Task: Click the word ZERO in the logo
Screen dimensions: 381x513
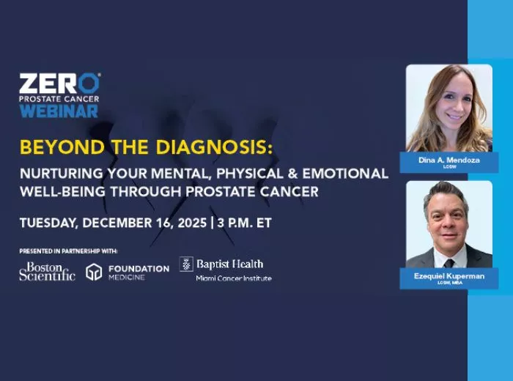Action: tap(59, 82)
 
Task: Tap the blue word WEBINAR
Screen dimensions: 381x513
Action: tap(59, 111)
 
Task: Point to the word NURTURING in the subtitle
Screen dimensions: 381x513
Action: tap(56, 174)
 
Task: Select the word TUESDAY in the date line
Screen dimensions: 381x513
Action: tap(48, 223)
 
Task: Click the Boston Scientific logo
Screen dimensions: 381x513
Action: tap(47, 271)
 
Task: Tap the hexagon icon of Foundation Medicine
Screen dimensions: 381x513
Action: tap(93, 272)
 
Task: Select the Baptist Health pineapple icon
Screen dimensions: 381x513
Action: tap(186, 264)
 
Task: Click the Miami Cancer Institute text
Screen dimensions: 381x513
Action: tap(233, 278)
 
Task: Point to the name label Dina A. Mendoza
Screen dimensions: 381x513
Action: tap(448, 159)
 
